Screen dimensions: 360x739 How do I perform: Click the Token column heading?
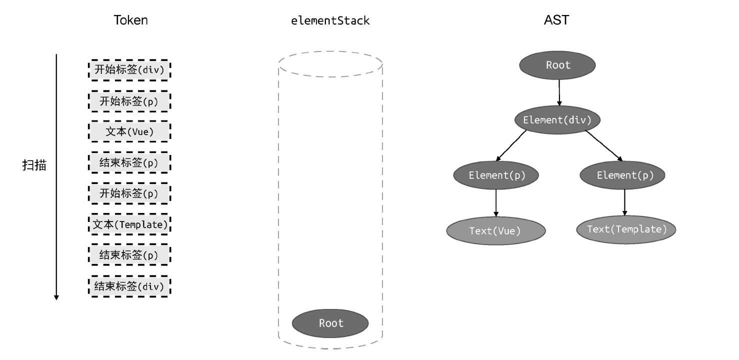coord(130,20)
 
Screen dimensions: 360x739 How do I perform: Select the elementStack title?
coord(330,20)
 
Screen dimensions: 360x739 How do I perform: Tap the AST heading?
coord(556,20)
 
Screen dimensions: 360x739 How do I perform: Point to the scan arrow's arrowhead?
coord(56,297)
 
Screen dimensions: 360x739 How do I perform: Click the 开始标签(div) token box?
coord(129,69)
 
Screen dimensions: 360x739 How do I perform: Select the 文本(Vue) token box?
coord(129,132)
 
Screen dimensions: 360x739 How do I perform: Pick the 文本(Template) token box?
coord(129,224)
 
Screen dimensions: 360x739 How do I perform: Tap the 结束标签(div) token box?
coord(129,286)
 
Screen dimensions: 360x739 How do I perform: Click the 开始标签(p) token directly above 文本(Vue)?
coord(129,101)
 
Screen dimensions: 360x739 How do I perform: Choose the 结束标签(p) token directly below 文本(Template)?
coord(129,255)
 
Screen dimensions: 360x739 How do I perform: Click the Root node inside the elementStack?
coord(330,323)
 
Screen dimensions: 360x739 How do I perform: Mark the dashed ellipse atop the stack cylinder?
coord(330,64)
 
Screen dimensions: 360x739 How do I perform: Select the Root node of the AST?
coord(557,65)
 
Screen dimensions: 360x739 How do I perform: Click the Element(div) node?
coord(556,120)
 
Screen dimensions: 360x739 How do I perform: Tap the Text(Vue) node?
coord(495,231)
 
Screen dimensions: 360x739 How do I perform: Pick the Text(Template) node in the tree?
coord(626,229)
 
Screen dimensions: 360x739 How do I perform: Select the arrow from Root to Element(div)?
coord(559,92)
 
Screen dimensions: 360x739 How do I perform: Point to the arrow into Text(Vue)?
coord(496,202)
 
